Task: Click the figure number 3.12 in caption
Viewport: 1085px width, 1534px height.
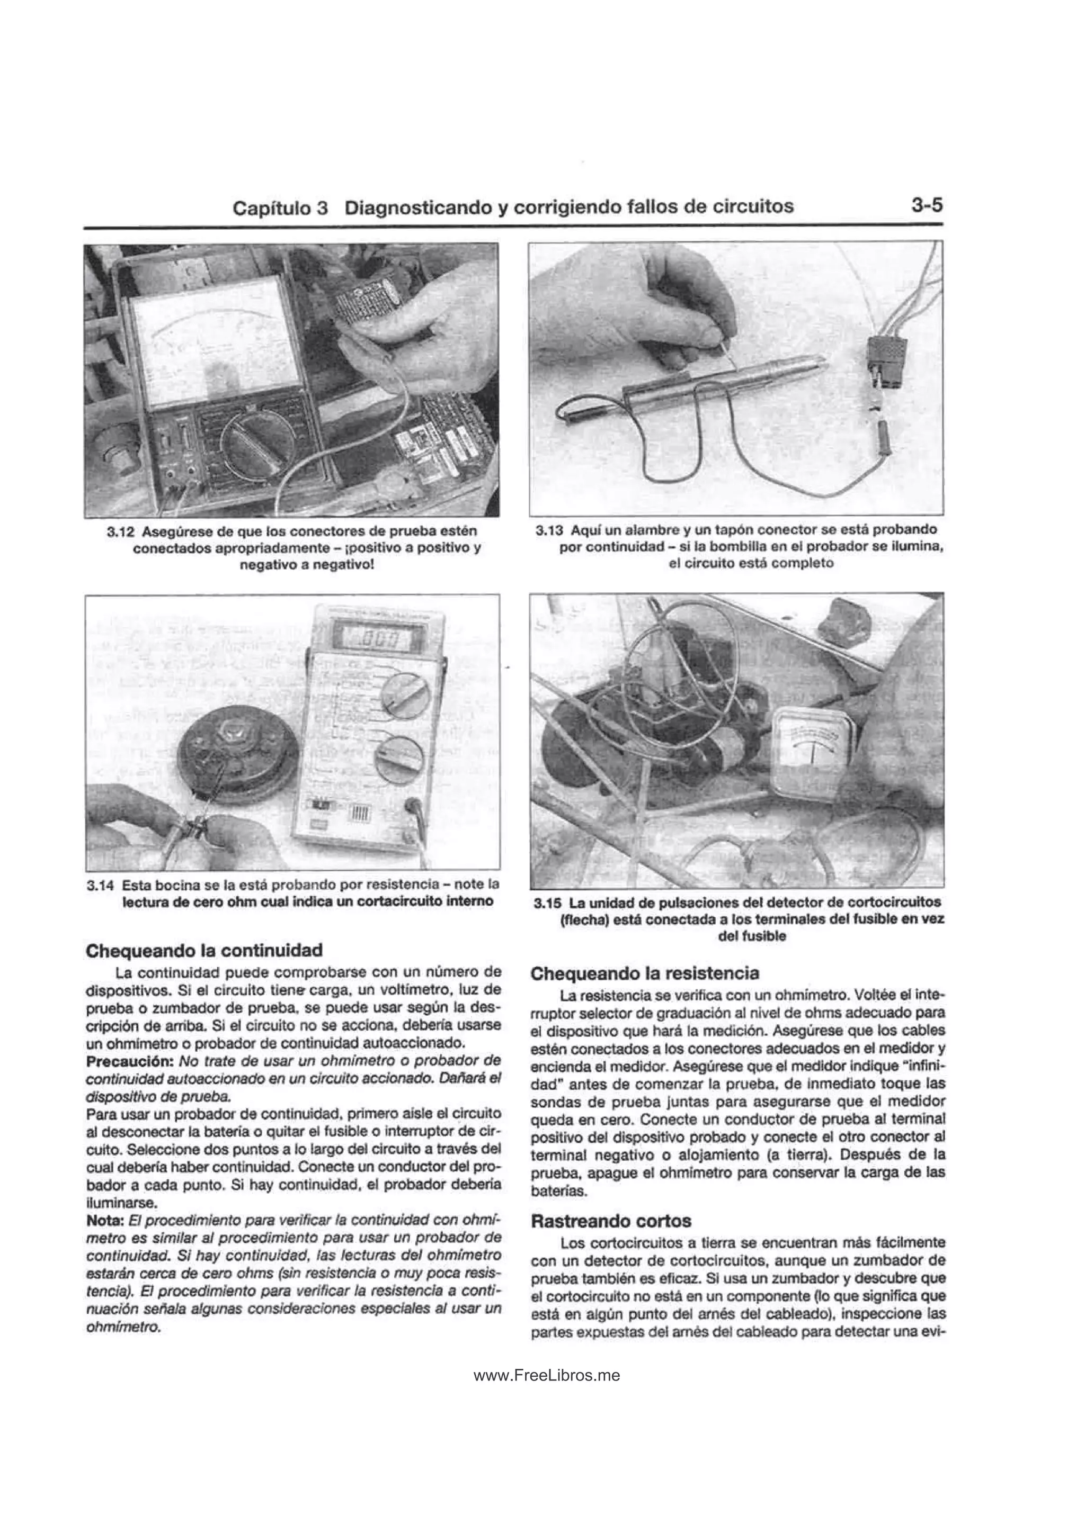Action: click(120, 532)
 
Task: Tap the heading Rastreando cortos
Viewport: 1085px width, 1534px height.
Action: click(610, 1221)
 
